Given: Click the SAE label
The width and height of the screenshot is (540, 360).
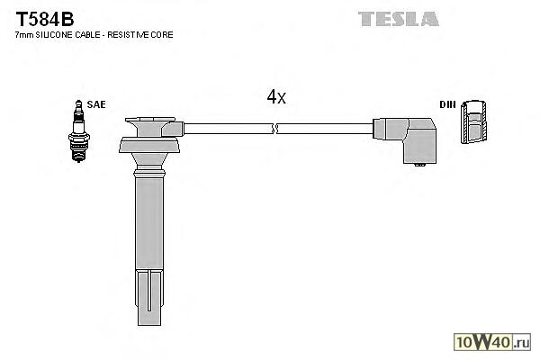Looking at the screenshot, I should coord(96,105).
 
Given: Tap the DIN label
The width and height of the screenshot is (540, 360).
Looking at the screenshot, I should coord(446,105).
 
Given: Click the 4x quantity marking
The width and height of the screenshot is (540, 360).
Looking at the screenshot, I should coord(276,97).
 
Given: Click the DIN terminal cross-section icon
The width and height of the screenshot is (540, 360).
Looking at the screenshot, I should coord(475,122).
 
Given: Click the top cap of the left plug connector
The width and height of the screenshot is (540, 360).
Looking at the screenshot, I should coord(149,121).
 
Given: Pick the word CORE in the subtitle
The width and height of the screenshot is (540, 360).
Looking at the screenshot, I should coord(163,34).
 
